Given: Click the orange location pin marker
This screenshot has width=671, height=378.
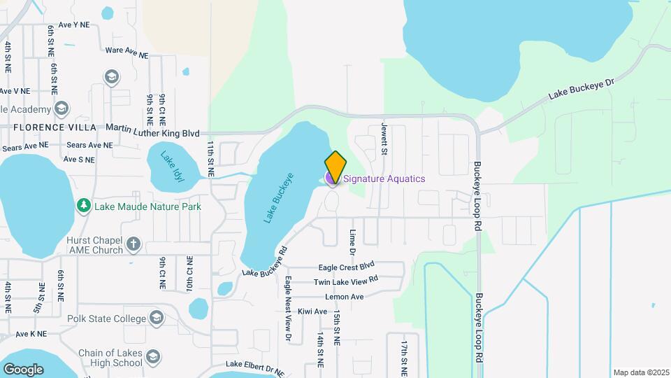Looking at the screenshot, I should point(335,167).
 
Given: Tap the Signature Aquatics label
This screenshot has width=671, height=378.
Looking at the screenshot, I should point(384,178).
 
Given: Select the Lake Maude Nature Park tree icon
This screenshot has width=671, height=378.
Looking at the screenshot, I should point(84,206).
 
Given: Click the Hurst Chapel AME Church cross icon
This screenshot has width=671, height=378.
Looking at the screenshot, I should point(134,244).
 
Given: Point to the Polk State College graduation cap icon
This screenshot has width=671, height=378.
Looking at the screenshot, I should point(155,318).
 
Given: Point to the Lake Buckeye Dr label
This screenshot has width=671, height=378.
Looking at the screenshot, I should point(581,90).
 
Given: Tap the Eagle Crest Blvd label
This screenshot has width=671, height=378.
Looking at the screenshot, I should point(346,267).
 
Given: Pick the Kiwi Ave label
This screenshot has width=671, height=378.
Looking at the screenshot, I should point(312,311).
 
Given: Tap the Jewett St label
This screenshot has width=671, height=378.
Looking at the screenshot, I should point(384,136).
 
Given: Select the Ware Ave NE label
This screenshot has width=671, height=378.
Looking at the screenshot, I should point(126,52).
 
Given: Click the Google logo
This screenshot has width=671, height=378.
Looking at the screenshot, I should point(22,369).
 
